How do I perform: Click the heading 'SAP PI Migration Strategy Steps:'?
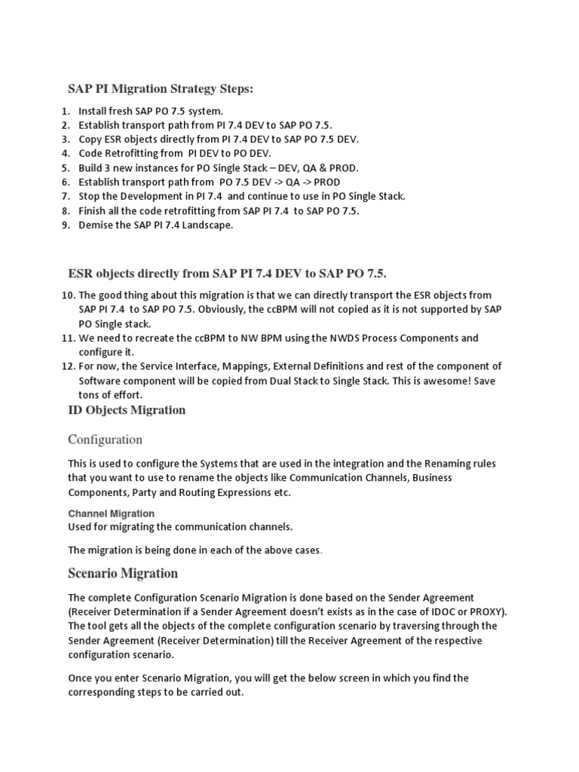pyautogui.click(x=161, y=89)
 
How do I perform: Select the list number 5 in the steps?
pyautogui.click(x=65, y=167)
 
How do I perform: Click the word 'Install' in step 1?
pyautogui.click(x=93, y=111)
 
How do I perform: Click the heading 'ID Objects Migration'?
pyautogui.click(x=127, y=410)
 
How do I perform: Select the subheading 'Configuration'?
pyautogui.click(x=105, y=439)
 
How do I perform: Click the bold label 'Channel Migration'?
pyautogui.click(x=111, y=513)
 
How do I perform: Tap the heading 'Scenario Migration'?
pyautogui.click(x=123, y=573)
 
